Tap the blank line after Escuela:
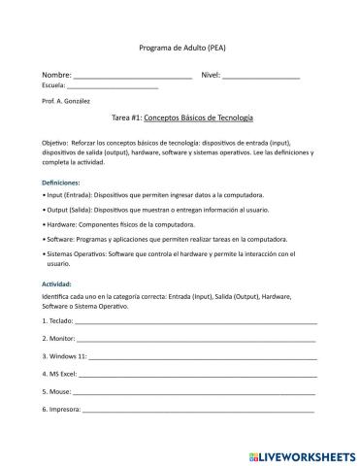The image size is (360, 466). tap(113, 86)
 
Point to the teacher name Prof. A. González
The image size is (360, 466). tap(67, 100)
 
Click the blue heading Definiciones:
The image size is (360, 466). tap(61, 183)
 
